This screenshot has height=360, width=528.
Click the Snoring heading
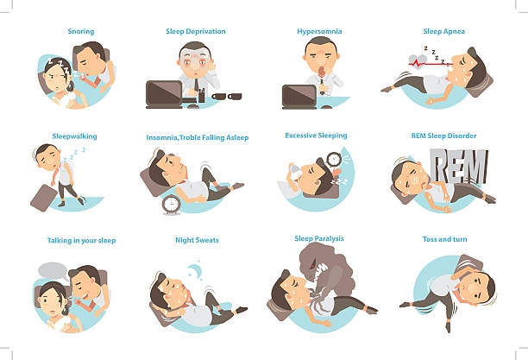tap(81, 31)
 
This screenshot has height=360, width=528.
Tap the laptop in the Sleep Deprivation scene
tap(164, 94)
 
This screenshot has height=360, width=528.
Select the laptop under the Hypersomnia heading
tap(299, 97)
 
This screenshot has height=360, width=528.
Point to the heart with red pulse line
tap(418, 61)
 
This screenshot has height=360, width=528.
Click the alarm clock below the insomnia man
tap(172, 205)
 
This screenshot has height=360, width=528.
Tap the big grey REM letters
tap(459, 166)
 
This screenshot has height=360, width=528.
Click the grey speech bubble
tap(53, 271)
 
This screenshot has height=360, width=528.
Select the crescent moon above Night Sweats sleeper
tap(195, 270)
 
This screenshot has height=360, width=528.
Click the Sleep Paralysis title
tap(319, 238)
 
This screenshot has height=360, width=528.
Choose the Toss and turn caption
tap(445, 239)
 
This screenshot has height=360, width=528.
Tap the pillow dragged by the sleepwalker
tap(44, 198)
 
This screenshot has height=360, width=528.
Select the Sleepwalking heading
tap(74, 136)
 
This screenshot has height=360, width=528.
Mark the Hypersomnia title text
tap(319, 32)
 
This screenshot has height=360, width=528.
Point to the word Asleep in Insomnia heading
tap(237, 137)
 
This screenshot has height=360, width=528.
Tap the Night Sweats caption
tap(197, 240)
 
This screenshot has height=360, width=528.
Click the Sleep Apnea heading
tap(443, 32)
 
